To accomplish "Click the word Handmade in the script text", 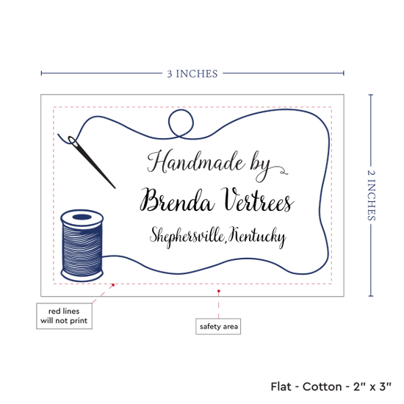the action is coord(196,162).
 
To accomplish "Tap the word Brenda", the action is coord(177,201).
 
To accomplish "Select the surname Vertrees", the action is coord(257,200).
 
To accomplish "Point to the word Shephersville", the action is coord(187,237).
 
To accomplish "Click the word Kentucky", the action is coord(257,237).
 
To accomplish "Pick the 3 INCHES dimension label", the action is coord(192,74).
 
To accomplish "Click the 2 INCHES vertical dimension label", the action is coord(371,195).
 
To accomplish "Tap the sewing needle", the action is coord(91,162).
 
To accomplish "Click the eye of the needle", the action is coord(73,141).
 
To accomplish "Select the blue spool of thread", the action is coord(82,245).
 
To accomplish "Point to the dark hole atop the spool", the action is coord(82,217).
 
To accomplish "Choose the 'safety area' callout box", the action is coord(218,326).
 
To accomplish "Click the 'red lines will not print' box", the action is coord(64,316).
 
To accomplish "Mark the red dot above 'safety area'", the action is coord(218,291).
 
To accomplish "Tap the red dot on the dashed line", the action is coord(113,285).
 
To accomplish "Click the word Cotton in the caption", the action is coord(322,386).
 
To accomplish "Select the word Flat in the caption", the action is coord(281,386).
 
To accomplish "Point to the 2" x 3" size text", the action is coord(372,386).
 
